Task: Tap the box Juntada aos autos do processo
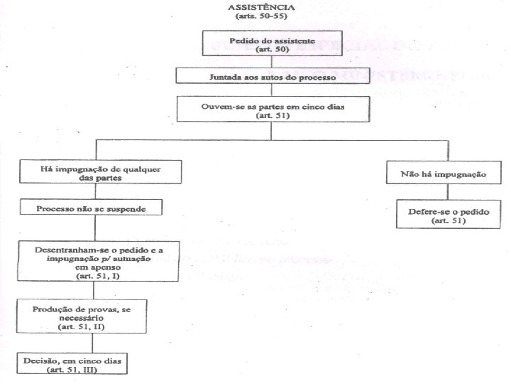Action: [273, 75]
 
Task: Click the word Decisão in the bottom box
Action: [41, 361]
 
